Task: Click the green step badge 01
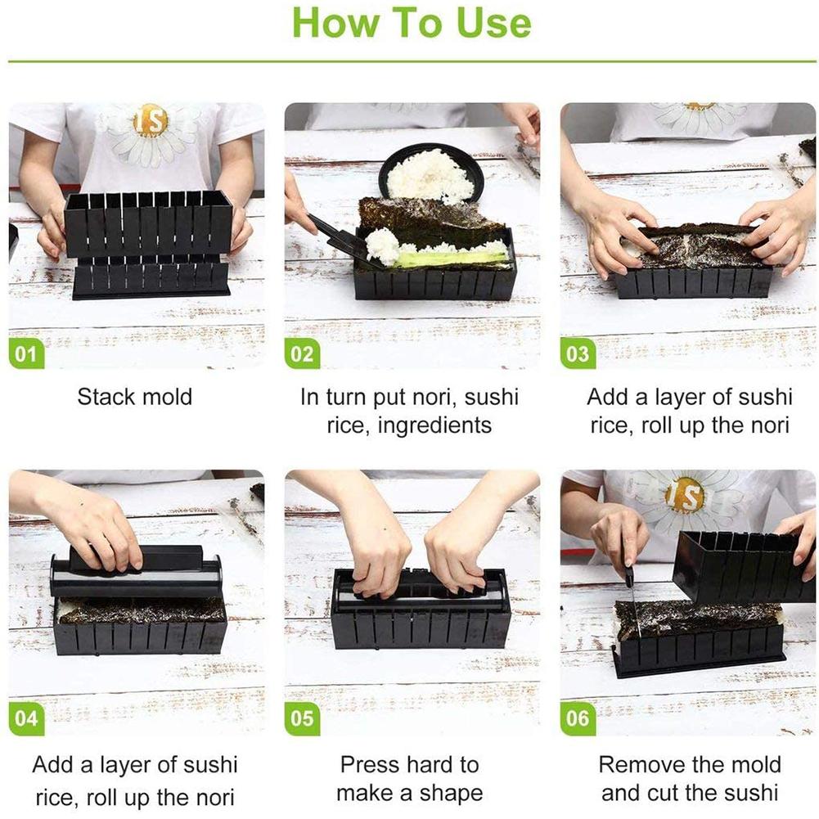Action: click(26, 353)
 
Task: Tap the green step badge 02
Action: click(302, 353)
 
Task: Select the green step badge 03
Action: click(578, 353)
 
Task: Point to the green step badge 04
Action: click(26, 718)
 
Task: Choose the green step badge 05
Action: click(302, 718)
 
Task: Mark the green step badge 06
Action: click(578, 718)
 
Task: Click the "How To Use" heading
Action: click(411, 23)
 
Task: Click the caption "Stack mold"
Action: click(134, 398)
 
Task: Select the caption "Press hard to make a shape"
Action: click(409, 779)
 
